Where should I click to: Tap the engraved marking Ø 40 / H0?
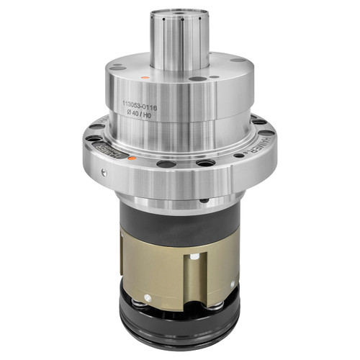140,115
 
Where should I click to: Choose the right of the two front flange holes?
207,163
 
